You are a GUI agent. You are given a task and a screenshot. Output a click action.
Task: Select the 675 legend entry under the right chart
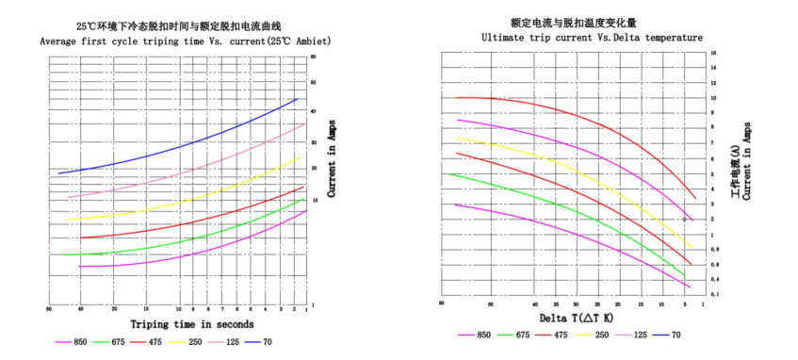pyautogui.click(x=521, y=334)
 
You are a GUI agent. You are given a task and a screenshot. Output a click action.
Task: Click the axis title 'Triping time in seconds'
pyautogui.click(x=177, y=324)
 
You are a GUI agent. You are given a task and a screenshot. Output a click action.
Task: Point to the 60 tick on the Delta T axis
pyautogui.click(x=491, y=303)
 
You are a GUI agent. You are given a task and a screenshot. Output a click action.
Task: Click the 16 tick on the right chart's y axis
pyautogui.click(x=714, y=54)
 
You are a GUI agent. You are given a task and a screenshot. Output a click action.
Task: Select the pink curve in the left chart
pyautogui.click(x=188, y=174)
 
